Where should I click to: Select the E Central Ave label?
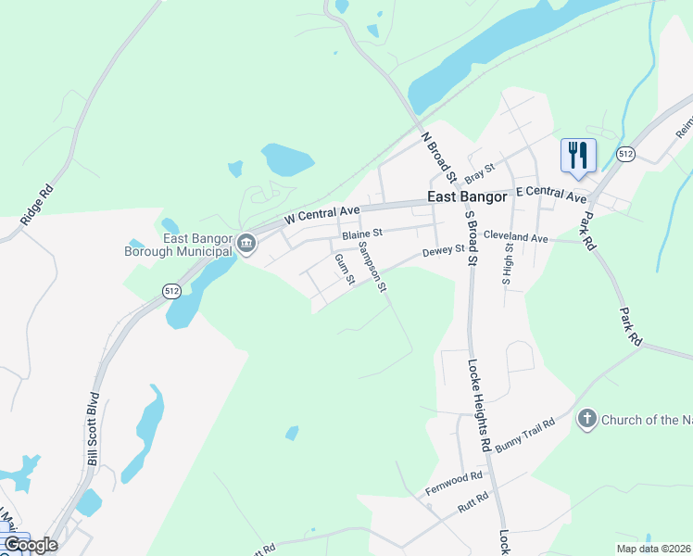pyautogui.click(x=551, y=195)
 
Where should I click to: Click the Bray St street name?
pyautogui.click(x=481, y=171)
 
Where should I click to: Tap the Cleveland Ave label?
pyautogui.click(x=515, y=238)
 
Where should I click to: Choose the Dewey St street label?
pyautogui.click(x=443, y=250)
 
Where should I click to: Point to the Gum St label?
pyautogui.click(x=344, y=269)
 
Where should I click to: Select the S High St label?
pyautogui.click(x=508, y=259)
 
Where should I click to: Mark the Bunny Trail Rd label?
pyautogui.click(x=524, y=435)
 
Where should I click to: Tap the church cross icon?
pyautogui.click(x=586, y=420)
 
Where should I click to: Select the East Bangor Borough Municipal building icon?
pyautogui.click(x=246, y=245)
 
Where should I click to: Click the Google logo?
pyautogui.click(x=30, y=545)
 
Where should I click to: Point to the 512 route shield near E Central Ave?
pyautogui.click(x=625, y=154)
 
